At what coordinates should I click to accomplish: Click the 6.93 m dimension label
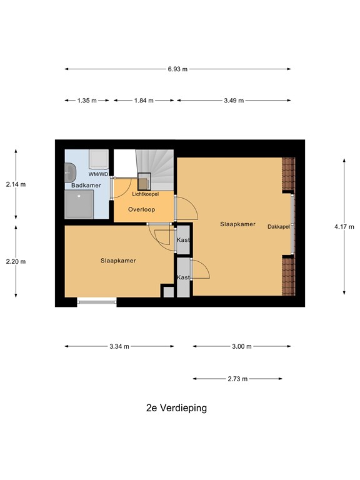click(x=177, y=69)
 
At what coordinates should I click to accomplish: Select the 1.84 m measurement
click(x=144, y=100)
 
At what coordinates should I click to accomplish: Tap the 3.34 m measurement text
click(x=119, y=346)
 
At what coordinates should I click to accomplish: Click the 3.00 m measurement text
click(x=241, y=346)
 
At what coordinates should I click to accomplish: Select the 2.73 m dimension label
click(x=237, y=379)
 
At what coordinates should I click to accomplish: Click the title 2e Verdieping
click(x=176, y=408)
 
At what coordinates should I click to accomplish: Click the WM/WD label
click(x=98, y=174)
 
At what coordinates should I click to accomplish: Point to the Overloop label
click(x=142, y=209)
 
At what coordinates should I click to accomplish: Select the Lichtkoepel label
click(x=145, y=194)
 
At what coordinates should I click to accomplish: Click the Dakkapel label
click(x=279, y=226)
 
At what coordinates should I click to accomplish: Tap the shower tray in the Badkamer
click(x=79, y=205)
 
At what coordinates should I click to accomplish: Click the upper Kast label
click(x=183, y=240)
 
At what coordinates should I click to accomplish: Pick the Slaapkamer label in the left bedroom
click(x=118, y=261)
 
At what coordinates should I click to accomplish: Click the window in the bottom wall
click(x=96, y=302)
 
